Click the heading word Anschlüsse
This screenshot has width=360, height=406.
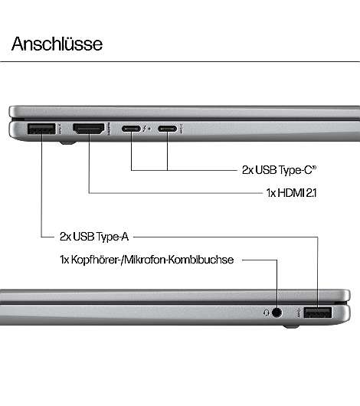click(x=57, y=44)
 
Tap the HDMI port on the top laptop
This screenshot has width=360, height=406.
click(x=89, y=129)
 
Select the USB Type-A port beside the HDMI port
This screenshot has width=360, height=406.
click(x=41, y=129)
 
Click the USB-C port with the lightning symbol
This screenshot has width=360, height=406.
click(x=131, y=129)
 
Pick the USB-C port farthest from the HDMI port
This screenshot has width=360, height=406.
click(x=167, y=129)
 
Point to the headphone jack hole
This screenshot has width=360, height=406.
click(x=277, y=313)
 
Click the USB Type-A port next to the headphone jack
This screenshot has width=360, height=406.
click(x=318, y=313)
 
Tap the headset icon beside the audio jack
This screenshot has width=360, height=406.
click(x=267, y=313)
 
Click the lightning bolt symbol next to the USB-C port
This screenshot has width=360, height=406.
click(x=145, y=129)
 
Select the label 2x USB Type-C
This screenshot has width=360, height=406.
click(x=280, y=170)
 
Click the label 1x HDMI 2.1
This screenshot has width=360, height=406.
click(x=291, y=193)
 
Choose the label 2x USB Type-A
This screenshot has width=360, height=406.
click(x=94, y=237)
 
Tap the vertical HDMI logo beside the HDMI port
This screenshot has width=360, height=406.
click(x=109, y=129)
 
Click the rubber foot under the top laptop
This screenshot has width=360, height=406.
click(x=68, y=142)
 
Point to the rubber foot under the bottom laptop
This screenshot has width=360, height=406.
click(x=291, y=327)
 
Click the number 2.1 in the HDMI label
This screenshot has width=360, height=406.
click(x=311, y=193)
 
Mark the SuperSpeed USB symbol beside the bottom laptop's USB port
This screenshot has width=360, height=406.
click(x=299, y=313)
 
